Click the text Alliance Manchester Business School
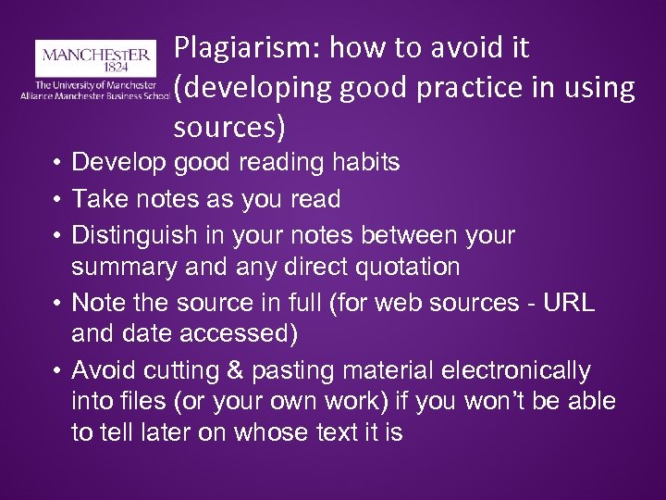pos(94,94)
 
